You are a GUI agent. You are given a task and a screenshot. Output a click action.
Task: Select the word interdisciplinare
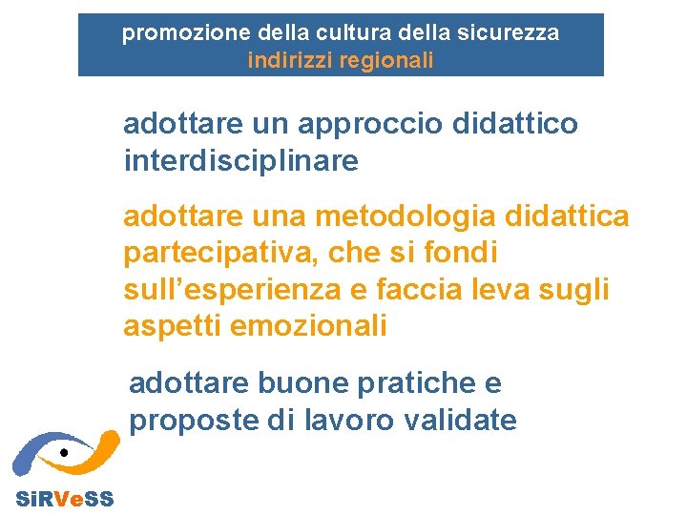tap(240, 161)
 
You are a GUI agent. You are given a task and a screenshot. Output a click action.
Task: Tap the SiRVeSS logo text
tap(64, 499)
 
